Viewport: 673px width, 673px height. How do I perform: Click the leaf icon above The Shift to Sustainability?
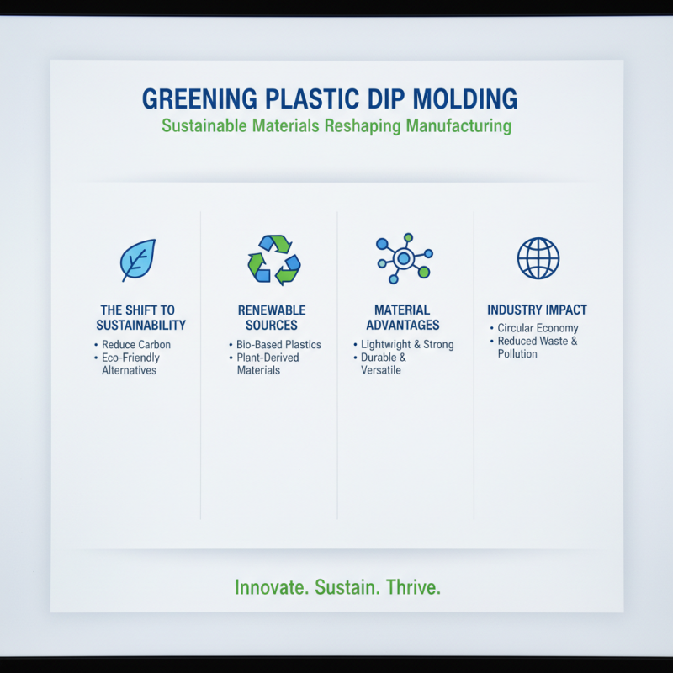[x=137, y=260]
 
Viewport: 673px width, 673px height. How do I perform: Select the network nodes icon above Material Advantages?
[x=404, y=258]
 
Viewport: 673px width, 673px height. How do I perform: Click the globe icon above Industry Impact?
[x=538, y=258]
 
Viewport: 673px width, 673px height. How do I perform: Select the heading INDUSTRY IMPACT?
[x=537, y=310]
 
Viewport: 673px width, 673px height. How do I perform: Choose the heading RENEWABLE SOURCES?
[x=271, y=317]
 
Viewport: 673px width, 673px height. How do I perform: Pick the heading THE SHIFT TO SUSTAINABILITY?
[x=140, y=317]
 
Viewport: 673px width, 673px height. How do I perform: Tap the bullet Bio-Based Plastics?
[x=278, y=345]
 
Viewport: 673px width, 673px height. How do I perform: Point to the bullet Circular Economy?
[x=538, y=328]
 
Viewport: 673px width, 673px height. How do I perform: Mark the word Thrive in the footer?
[x=413, y=586]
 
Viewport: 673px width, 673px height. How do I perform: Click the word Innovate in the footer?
[x=271, y=586]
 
